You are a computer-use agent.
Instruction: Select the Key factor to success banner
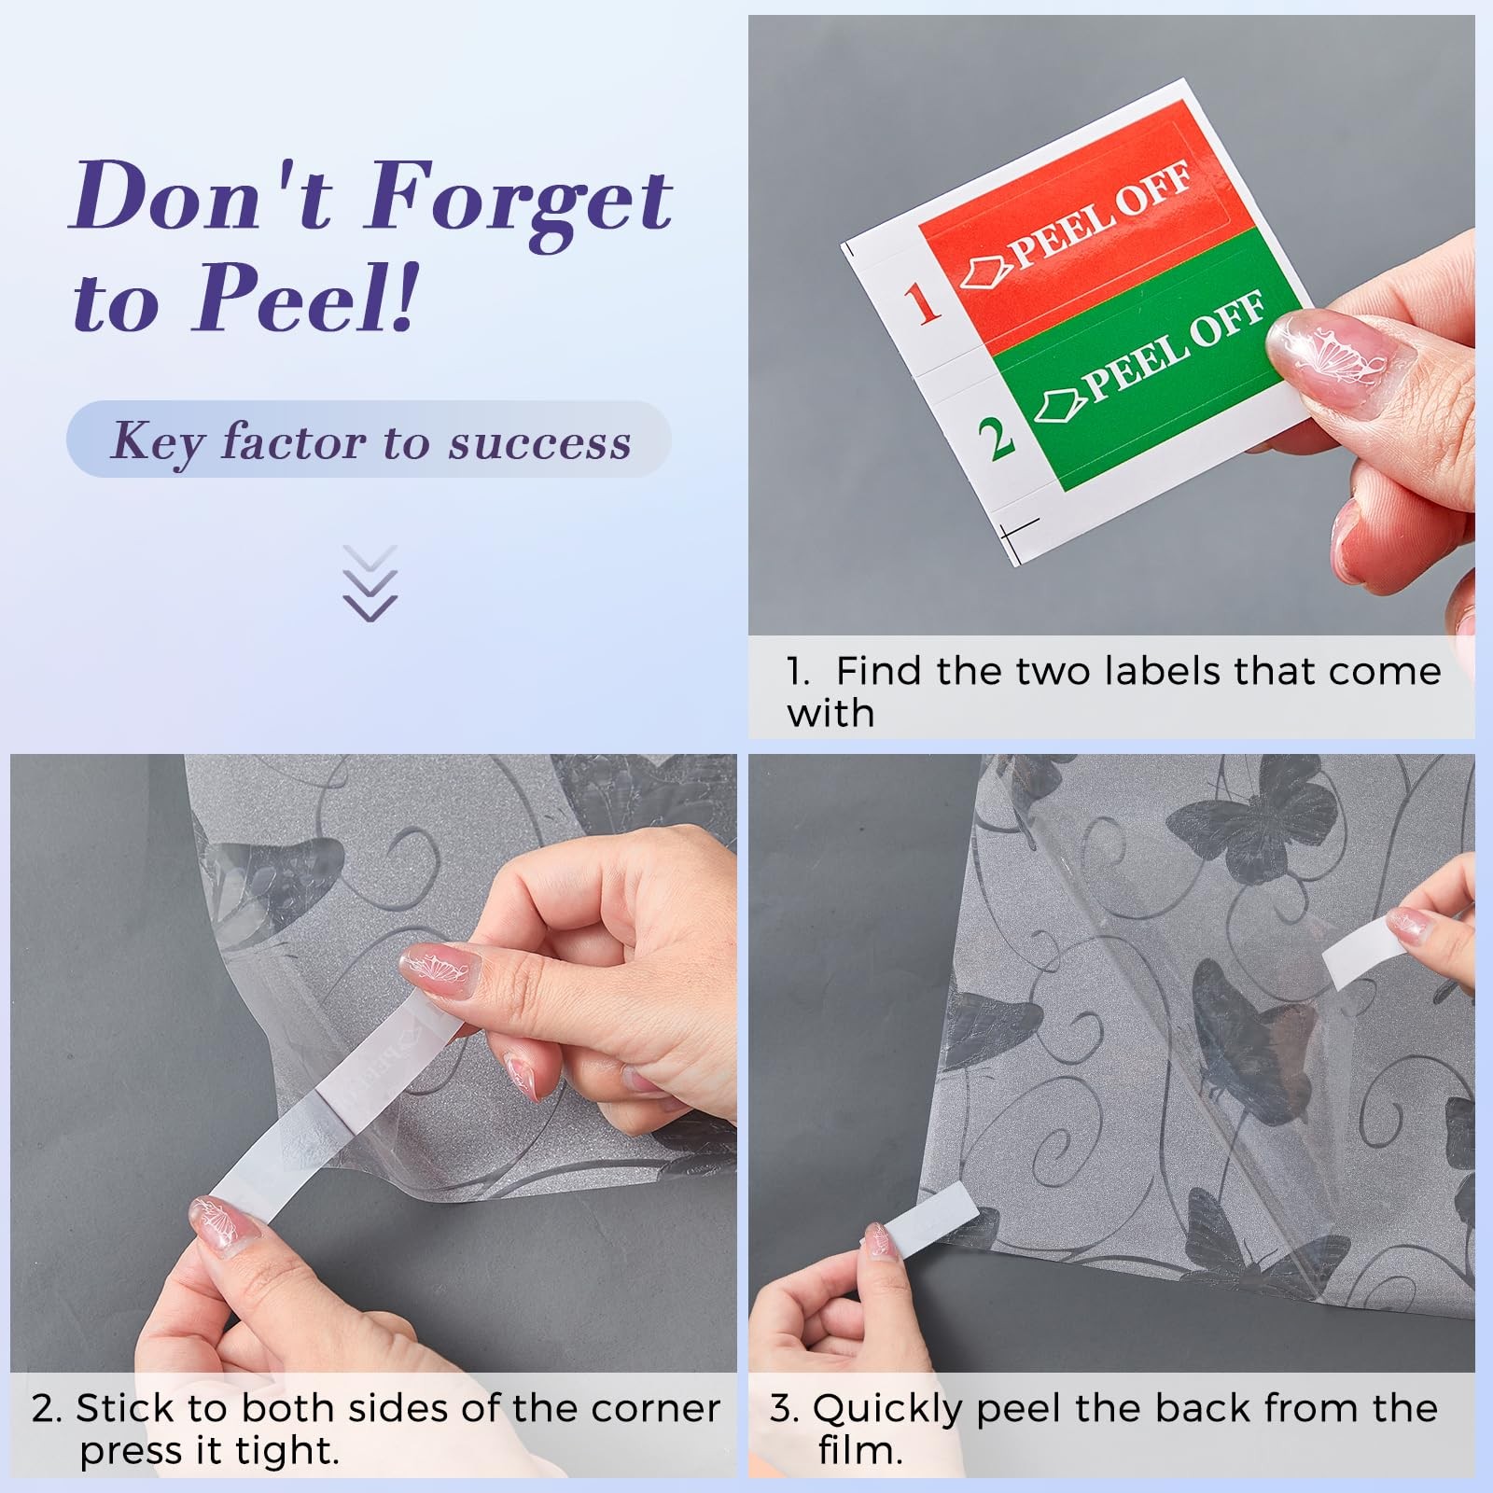tap(370, 440)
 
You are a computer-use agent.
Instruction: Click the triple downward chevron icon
tap(370, 583)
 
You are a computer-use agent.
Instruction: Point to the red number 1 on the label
tap(921, 303)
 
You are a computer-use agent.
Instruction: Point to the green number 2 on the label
tap(996, 437)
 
